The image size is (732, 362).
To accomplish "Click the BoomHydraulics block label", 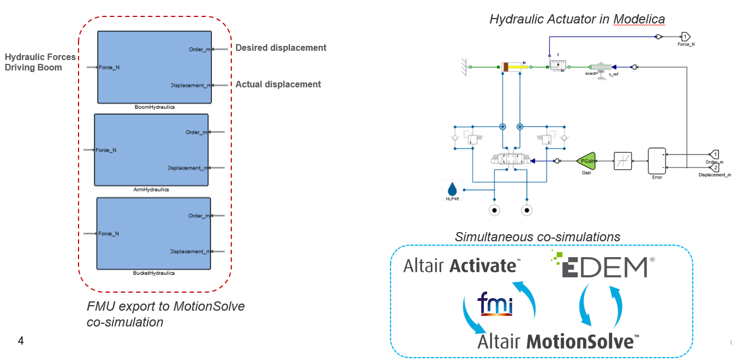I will coord(154,108).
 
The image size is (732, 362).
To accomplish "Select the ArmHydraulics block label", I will coord(151,190).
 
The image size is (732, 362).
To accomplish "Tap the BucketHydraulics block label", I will coord(154,272).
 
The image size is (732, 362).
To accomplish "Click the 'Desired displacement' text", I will coord(281,48).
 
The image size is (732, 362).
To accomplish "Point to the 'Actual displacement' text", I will coord(278,85).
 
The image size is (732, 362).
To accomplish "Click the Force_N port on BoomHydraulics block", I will coord(109,68).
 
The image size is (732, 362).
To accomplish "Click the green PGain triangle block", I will coord(586,161).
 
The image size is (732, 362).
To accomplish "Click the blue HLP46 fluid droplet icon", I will coord(452,189).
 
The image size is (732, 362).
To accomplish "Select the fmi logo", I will coord(495,305).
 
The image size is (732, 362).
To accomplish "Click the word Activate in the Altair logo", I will coord(483,266).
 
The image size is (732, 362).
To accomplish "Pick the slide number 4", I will coord(21,341).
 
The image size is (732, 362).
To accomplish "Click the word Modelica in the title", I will coord(639,20).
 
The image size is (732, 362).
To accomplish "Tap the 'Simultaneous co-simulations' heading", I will coord(537,237).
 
